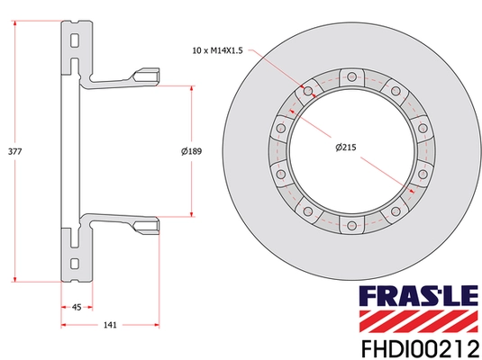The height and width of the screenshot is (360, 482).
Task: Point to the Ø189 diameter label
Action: (191, 152)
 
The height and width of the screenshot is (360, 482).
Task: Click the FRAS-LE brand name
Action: (420, 295)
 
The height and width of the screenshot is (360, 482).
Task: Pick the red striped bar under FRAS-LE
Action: (420, 317)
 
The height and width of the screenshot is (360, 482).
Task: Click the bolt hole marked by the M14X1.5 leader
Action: (310, 92)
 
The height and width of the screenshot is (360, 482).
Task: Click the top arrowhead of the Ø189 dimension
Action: (191, 89)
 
